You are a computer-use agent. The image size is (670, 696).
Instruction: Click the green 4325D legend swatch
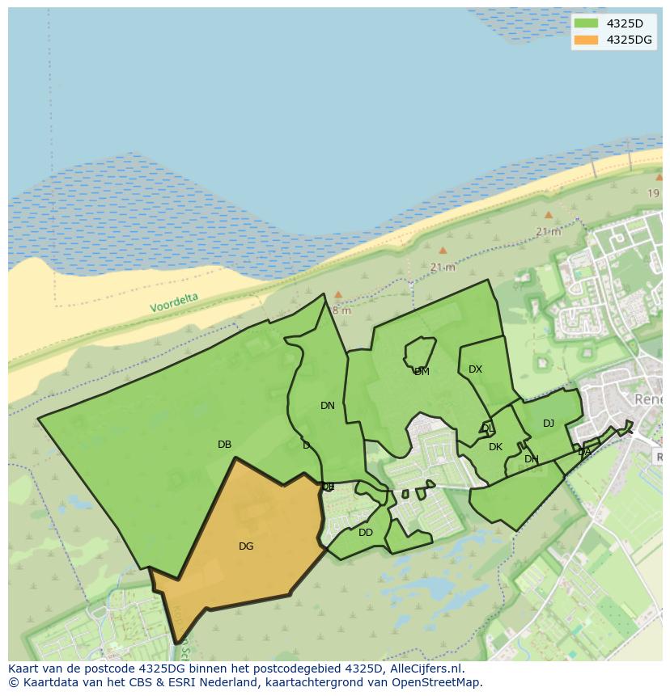pos(586,23)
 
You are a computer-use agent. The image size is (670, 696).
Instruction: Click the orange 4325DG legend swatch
pos(586,40)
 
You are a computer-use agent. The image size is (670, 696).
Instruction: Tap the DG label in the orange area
pos(246,546)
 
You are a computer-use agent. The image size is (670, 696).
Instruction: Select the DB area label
pos(224,445)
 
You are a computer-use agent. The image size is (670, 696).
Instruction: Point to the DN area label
pos(327,406)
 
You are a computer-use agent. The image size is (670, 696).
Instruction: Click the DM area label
pos(422,372)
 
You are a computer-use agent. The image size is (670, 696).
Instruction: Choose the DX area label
pos(475,369)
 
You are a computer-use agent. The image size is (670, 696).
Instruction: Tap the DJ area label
pos(549,424)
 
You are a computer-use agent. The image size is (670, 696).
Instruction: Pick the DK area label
pos(495,447)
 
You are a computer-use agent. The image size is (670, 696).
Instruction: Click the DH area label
pos(531,459)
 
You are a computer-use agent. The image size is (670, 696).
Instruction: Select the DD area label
pos(366,533)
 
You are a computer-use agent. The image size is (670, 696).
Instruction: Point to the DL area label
pos(487,428)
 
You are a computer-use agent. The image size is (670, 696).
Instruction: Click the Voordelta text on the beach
pos(173,303)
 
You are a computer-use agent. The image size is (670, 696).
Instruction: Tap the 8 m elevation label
pos(341,310)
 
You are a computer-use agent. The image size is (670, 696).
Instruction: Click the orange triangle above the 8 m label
pos(338,295)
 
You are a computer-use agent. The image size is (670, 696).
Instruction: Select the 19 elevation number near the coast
pos(653,193)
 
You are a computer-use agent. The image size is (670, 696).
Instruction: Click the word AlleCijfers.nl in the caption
pos(423,669)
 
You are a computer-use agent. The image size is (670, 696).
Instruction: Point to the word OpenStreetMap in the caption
pos(436,681)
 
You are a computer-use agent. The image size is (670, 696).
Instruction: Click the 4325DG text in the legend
pos(629,40)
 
